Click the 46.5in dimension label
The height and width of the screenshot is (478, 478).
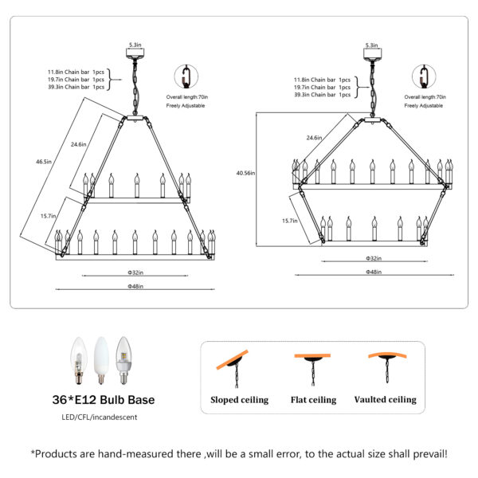click(x=43, y=162)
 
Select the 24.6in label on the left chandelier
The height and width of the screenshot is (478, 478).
click(x=79, y=144)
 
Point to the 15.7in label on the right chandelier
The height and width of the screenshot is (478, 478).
click(x=291, y=220)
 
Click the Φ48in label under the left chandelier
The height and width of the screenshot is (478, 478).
click(x=135, y=286)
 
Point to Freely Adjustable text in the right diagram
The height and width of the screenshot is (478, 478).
click(x=423, y=105)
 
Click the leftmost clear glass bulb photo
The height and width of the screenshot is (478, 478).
click(x=77, y=358)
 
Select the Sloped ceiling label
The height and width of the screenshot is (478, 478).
click(x=239, y=400)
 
